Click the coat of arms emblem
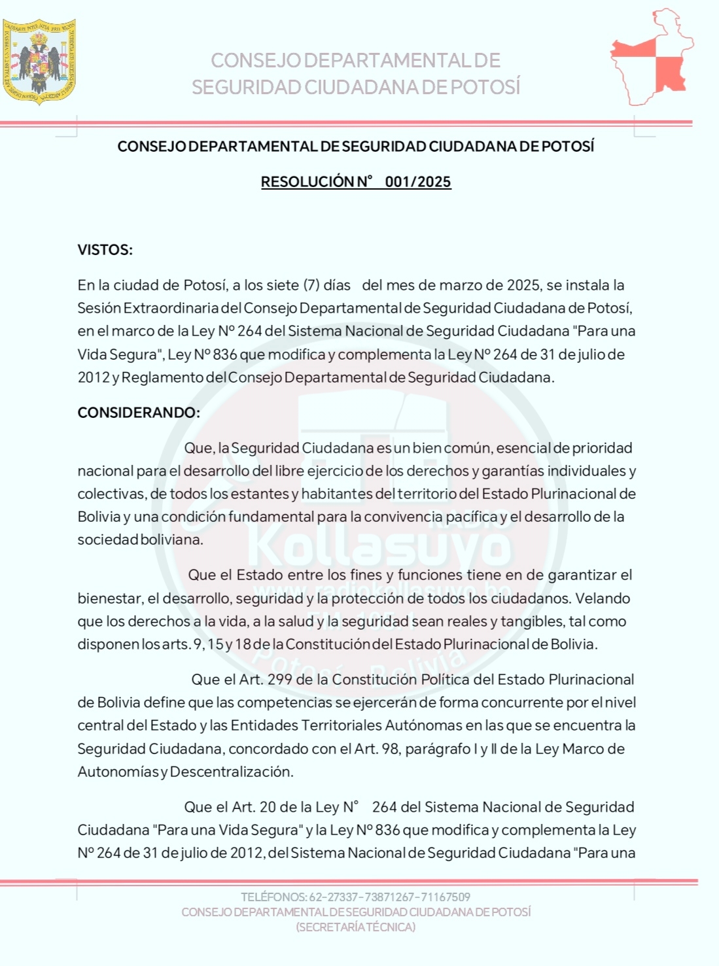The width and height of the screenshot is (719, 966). coord(39,61)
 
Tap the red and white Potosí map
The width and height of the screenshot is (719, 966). coord(652,58)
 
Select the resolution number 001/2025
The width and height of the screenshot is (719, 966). coord(418,182)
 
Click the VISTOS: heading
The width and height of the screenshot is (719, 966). coord(105,250)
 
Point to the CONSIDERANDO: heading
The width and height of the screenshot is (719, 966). coord(139,413)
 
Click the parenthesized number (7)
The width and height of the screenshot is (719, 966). coord(311,285)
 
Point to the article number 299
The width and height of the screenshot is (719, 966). coord(279,680)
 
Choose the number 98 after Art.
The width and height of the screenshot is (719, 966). coord(391,749)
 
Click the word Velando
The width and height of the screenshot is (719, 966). coord(603,598)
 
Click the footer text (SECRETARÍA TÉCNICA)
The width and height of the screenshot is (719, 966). coord(356,927)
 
